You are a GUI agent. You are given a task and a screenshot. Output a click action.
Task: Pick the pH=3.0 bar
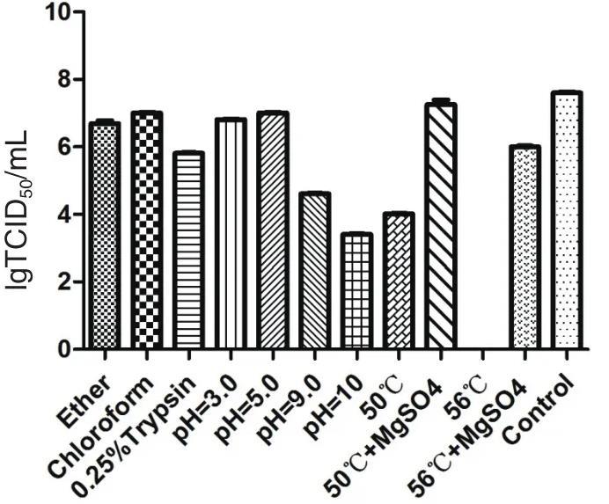coord(231,235)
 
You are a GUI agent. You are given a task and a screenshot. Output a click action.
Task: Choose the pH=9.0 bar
coord(314,272)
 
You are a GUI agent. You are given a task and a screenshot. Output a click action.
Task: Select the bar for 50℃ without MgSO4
coord(398,281)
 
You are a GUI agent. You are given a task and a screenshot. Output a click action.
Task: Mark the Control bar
coord(566,221)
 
